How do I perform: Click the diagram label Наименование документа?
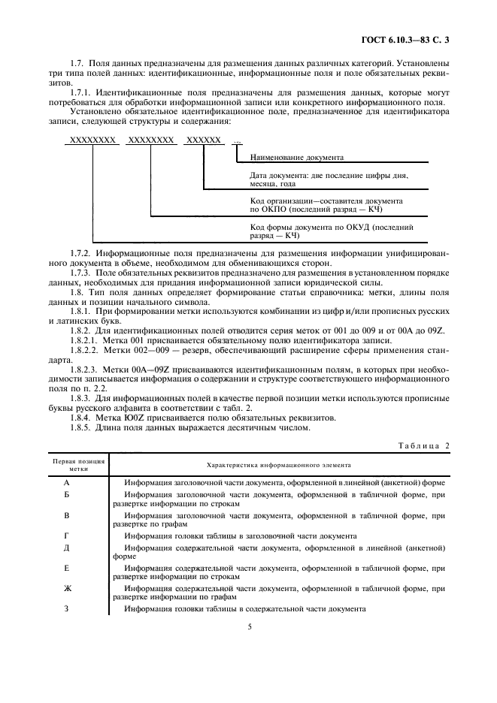(296, 158)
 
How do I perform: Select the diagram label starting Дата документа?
(327, 179)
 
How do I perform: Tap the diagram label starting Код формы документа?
(331, 231)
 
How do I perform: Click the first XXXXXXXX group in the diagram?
(92, 140)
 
